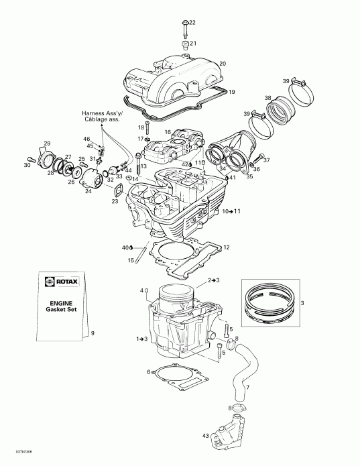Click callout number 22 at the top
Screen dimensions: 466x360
pyautogui.click(x=192, y=23)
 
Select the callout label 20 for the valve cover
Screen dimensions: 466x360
pyautogui.click(x=223, y=64)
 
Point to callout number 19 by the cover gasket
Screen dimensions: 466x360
pyautogui.click(x=231, y=91)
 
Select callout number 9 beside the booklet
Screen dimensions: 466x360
pyautogui.click(x=93, y=333)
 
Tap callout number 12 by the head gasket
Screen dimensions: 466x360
pyautogui.click(x=227, y=247)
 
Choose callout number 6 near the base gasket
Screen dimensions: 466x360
pyautogui.click(x=148, y=371)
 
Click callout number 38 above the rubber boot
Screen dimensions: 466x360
pyautogui.click(x=268, y=98)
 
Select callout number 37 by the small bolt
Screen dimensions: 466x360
pyautogui.click(x=266, y=160)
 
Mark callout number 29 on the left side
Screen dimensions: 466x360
pyautogui.click(x=47, y=144)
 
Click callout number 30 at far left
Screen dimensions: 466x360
pyautogui.click(x=27, y=165)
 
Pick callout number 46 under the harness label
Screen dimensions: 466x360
pyautogui.click(x=86, y=139)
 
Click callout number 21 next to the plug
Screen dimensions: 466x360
pyautogui.click(x=192, y=44)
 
